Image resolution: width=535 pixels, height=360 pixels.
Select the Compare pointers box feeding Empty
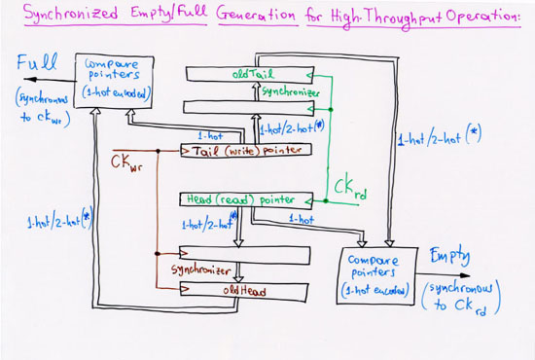374,276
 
